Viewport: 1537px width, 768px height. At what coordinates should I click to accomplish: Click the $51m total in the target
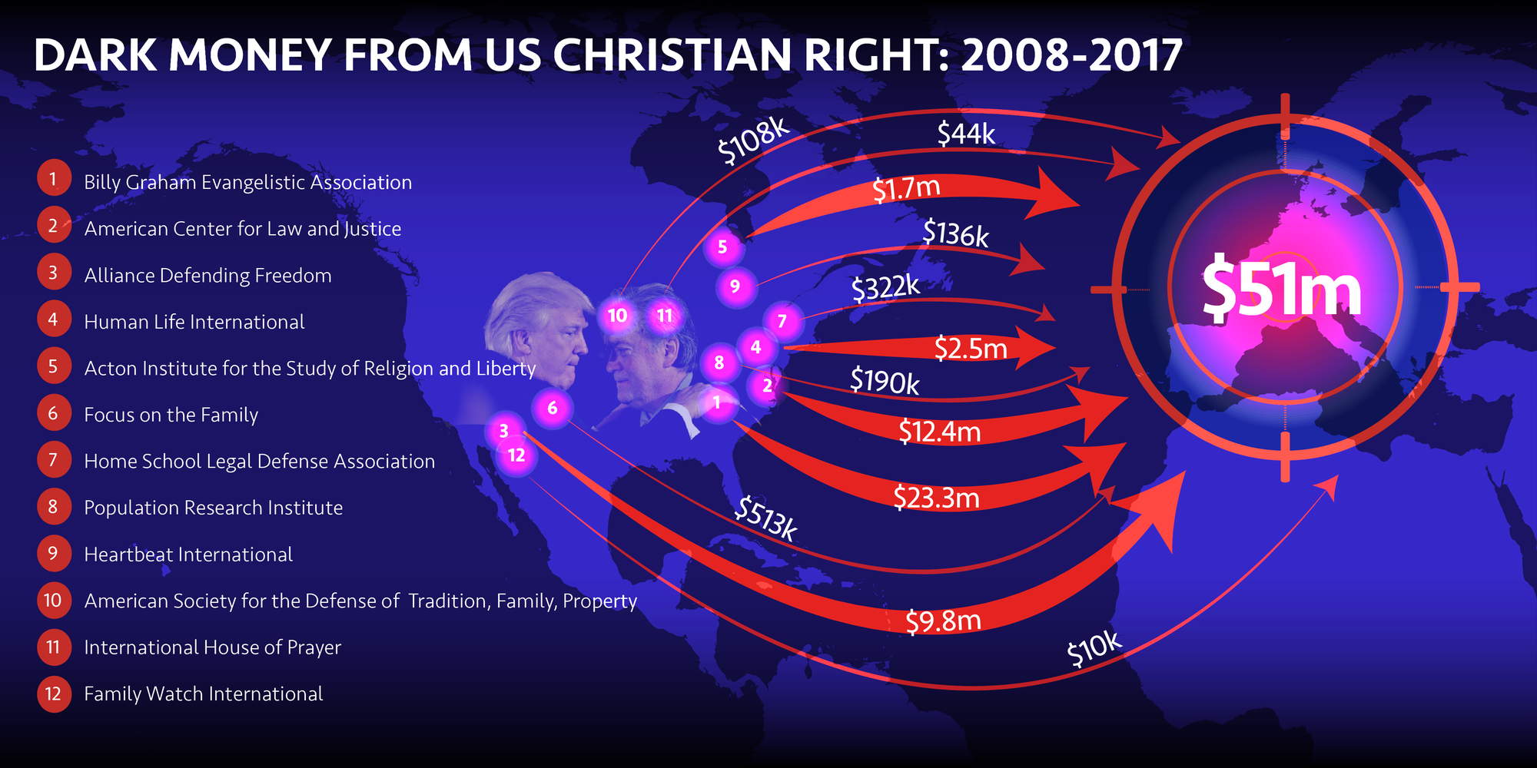pos(1281,290)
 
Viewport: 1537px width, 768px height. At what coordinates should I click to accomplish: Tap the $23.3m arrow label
pos(936,498)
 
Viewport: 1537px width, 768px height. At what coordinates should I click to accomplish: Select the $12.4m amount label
pos(939,432)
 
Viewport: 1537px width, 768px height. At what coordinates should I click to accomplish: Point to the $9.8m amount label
pos(943,621)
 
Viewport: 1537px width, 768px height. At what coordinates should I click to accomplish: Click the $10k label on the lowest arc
pos(1094,650)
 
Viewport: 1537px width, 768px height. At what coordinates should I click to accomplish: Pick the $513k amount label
pos(765,518)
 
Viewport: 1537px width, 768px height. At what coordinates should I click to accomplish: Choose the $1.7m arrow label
pos(906,188)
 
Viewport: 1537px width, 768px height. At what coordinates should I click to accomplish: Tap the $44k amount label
pos(966,134)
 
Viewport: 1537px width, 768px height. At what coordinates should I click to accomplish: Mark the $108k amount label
pos(753,141)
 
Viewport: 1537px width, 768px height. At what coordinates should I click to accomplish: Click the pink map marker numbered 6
pos(553,408)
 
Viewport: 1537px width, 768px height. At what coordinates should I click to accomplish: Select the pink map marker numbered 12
pos(516,455)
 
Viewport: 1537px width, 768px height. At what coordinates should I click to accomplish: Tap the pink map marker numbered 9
pos(735,286)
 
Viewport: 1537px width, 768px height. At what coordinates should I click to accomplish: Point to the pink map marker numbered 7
pos(782,321)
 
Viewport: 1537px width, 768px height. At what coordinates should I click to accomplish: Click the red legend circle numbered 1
pos(53,180)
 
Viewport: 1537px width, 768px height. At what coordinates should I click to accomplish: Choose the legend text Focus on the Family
pos(171,415)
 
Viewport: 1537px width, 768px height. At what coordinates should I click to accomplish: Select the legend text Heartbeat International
pos(188,554)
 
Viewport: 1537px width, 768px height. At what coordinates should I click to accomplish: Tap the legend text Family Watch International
pos(203,694)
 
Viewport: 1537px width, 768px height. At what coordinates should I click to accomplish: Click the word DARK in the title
pos(95,55)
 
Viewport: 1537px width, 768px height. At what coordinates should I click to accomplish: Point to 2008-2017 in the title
pos(1071,55)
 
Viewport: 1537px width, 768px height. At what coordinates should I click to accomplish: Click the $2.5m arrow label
pos(971,349)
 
